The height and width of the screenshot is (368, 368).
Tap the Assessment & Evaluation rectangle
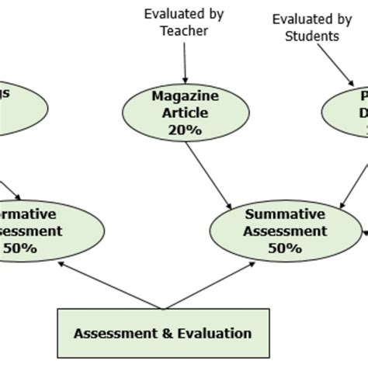(x=162, y=334)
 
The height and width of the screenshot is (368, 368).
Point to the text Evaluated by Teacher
(x=183, y=23)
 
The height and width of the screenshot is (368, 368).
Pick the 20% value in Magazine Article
(x=183, y=130)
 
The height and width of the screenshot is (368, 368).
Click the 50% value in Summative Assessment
(x=284, y=248)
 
